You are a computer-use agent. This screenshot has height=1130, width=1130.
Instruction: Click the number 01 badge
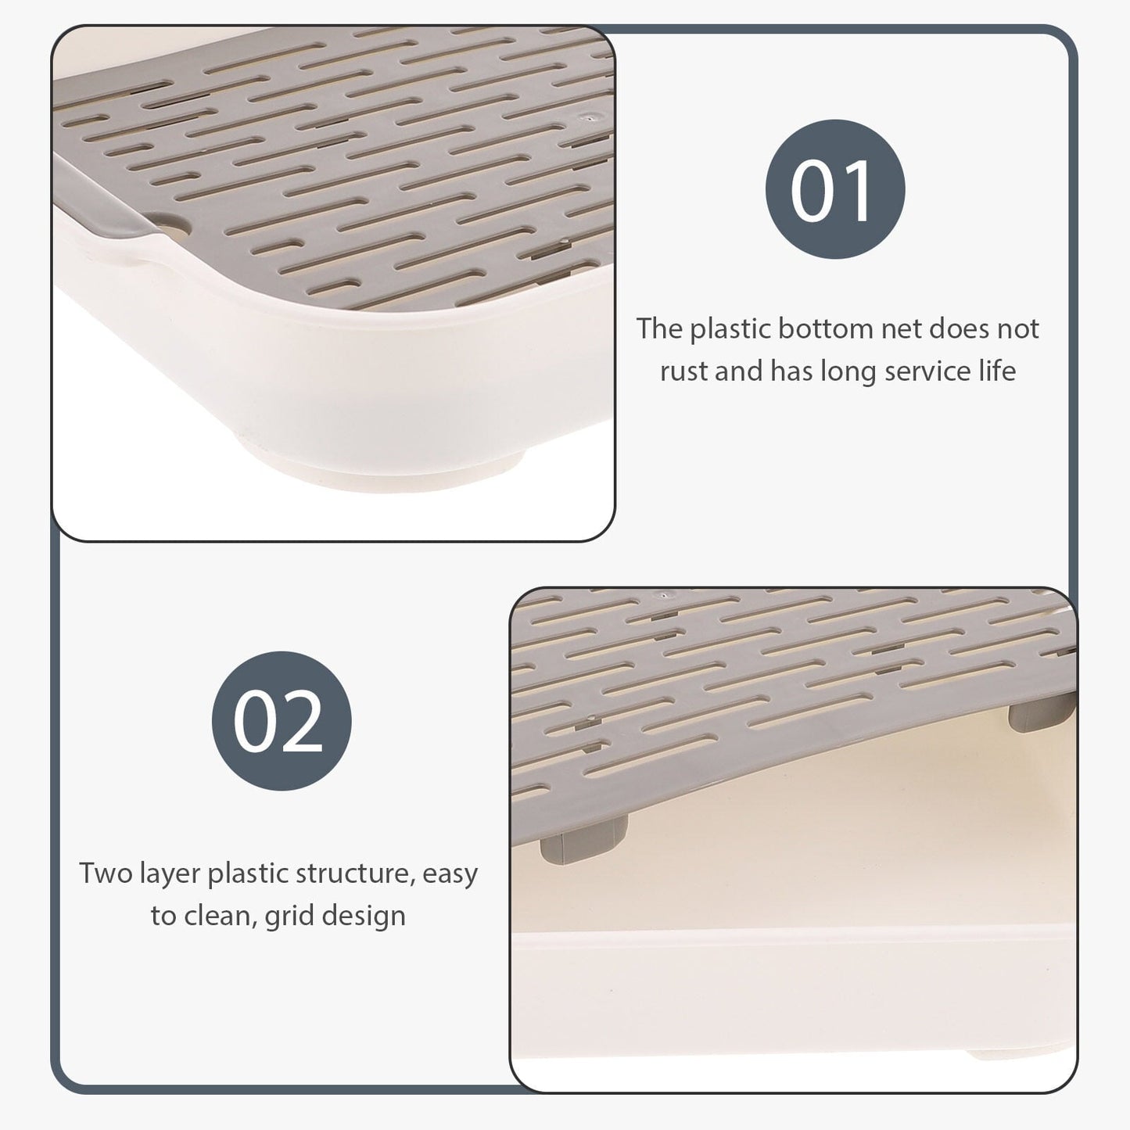835,188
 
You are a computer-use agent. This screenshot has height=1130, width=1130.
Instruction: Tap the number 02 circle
282,721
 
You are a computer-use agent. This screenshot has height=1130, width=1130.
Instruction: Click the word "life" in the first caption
998,371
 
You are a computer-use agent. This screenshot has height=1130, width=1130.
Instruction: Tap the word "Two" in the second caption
106,874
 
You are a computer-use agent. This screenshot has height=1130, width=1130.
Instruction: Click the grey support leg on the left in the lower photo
583,845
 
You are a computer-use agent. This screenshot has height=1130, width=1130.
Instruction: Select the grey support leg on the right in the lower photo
1042,712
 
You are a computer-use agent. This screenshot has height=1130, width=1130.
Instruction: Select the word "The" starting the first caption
659,328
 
